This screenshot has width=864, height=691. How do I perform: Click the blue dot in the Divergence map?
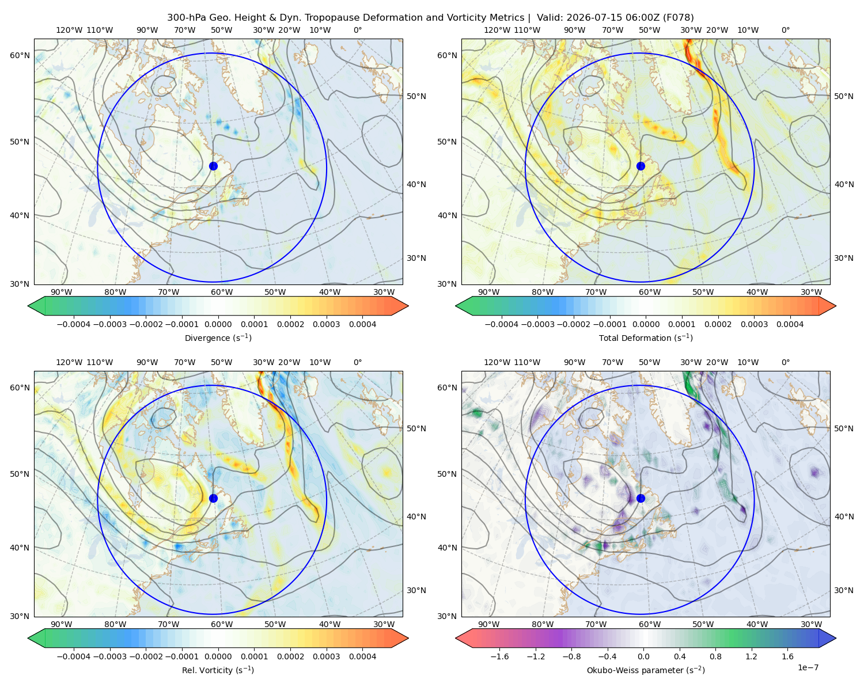(x=213, y=166)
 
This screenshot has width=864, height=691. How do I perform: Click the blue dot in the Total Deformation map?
(x=641, y=166)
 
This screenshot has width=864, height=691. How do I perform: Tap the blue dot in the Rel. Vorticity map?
(x=213, y=498)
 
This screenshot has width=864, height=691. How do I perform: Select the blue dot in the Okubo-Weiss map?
(x=641, y=498)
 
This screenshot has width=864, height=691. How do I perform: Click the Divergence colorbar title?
(x=218, y=337)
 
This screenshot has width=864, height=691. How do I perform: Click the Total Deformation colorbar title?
(x=646, y=337)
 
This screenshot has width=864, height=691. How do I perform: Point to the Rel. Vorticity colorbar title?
(x=218, y=670)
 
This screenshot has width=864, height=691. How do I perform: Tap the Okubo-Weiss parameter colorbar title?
(x=646, y=670)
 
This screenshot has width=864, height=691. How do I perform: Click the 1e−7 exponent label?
(x=808, y=667)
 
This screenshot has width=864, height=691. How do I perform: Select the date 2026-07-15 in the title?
(x=590, y=18)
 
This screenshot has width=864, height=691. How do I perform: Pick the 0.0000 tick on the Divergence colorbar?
(x=218, y=324)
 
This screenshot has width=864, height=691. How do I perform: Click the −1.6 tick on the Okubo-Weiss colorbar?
(x=499, y=656)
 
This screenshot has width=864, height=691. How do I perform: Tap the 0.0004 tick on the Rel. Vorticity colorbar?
(x=362, y=656)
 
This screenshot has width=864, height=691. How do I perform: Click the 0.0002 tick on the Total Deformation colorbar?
(x=718, y=324)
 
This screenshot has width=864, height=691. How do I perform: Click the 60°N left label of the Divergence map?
(x=20, y=55)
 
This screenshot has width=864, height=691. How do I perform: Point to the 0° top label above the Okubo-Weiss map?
(x=785, y=362)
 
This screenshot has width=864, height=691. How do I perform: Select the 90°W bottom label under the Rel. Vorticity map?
(x=62, y=624)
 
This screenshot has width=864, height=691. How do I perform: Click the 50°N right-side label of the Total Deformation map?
(x=843, y=96)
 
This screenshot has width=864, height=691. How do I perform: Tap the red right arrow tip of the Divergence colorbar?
(x=408, y=306)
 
